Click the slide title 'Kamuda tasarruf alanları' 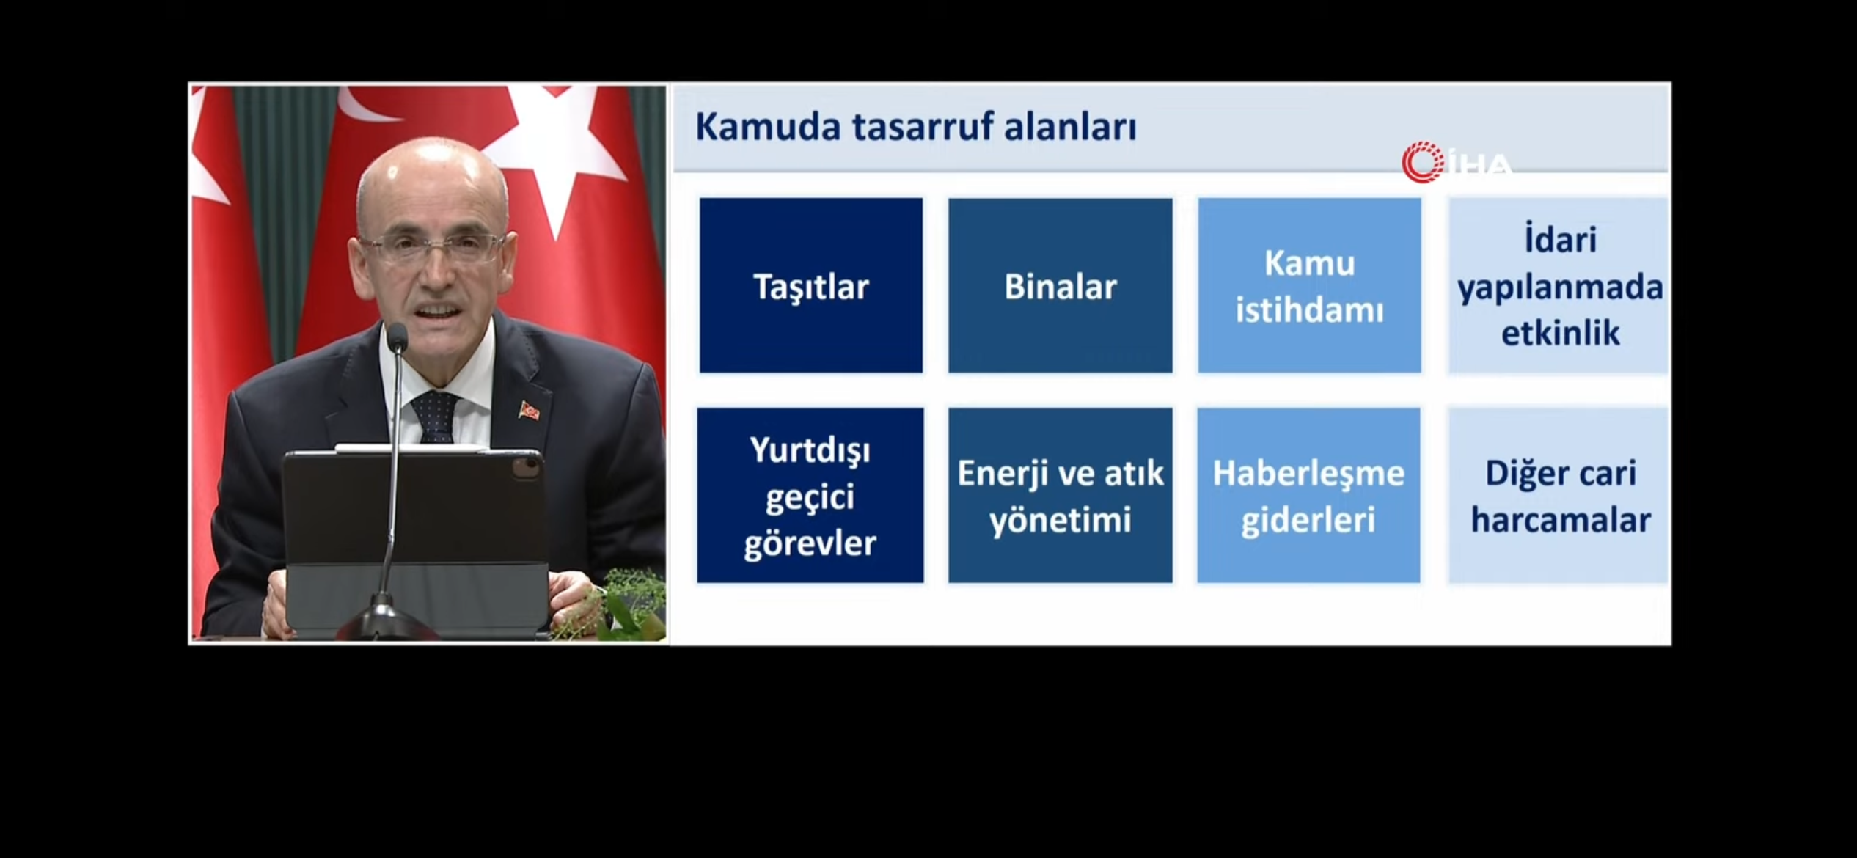click(x=915, y=127)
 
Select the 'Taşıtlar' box click(x=811, y=285)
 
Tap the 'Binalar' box click(x=1061, y=285)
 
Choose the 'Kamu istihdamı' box click(x=1310, y=285)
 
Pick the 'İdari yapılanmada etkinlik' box click(x=1559, y=285)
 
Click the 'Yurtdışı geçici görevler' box click(x=810, y=496)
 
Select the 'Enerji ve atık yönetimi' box click(x=1061, y=496)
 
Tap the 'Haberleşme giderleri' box click(x=1309, y=496)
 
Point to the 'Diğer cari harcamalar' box click(x=1559, y=496)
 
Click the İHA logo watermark click(x=1457, y=163)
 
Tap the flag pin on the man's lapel click(x=529, y=410)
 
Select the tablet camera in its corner click(x=525, y=469)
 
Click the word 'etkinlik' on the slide click(x=1560, y=333)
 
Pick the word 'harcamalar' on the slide click(x=1561, y=521)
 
